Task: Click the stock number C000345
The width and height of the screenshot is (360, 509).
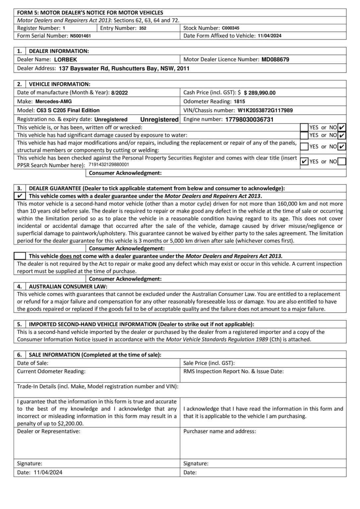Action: [x=230, y=28]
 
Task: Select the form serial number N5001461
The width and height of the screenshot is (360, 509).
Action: [x=80, y=36]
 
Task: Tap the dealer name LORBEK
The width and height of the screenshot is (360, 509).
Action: [x=65, y=60]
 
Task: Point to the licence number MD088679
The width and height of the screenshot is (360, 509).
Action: [x=275, y=60]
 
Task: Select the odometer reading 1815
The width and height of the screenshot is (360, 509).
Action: [x=239, y=102]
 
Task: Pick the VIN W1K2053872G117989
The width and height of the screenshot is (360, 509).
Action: [x=265, y=110]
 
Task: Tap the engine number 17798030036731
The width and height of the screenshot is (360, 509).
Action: [x=249, y=120]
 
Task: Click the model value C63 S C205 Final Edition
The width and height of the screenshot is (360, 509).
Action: [x=68, y=110]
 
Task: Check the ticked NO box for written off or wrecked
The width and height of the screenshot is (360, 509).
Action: [x=342, y=127]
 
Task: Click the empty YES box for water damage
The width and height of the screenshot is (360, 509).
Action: [x=304, y=135]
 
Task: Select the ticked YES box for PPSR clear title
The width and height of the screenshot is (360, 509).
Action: [x=304, y=161]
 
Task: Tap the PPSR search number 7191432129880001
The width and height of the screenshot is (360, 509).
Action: [x=109, y=165]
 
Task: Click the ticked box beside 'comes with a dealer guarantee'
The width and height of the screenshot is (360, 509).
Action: [x=20, y=196]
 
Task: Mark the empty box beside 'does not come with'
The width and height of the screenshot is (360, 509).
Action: [x=20, y=256]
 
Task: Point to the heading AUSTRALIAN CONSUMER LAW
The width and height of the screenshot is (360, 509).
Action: [x=68, y=286]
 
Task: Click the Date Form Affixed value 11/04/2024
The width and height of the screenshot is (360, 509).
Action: [x=270, y=36]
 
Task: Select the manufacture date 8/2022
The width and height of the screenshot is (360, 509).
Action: [x=119, y=93]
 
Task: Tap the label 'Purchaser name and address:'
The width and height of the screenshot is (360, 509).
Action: [x=219, y=431]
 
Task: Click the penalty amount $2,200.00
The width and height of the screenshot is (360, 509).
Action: [x=70, y=424]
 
